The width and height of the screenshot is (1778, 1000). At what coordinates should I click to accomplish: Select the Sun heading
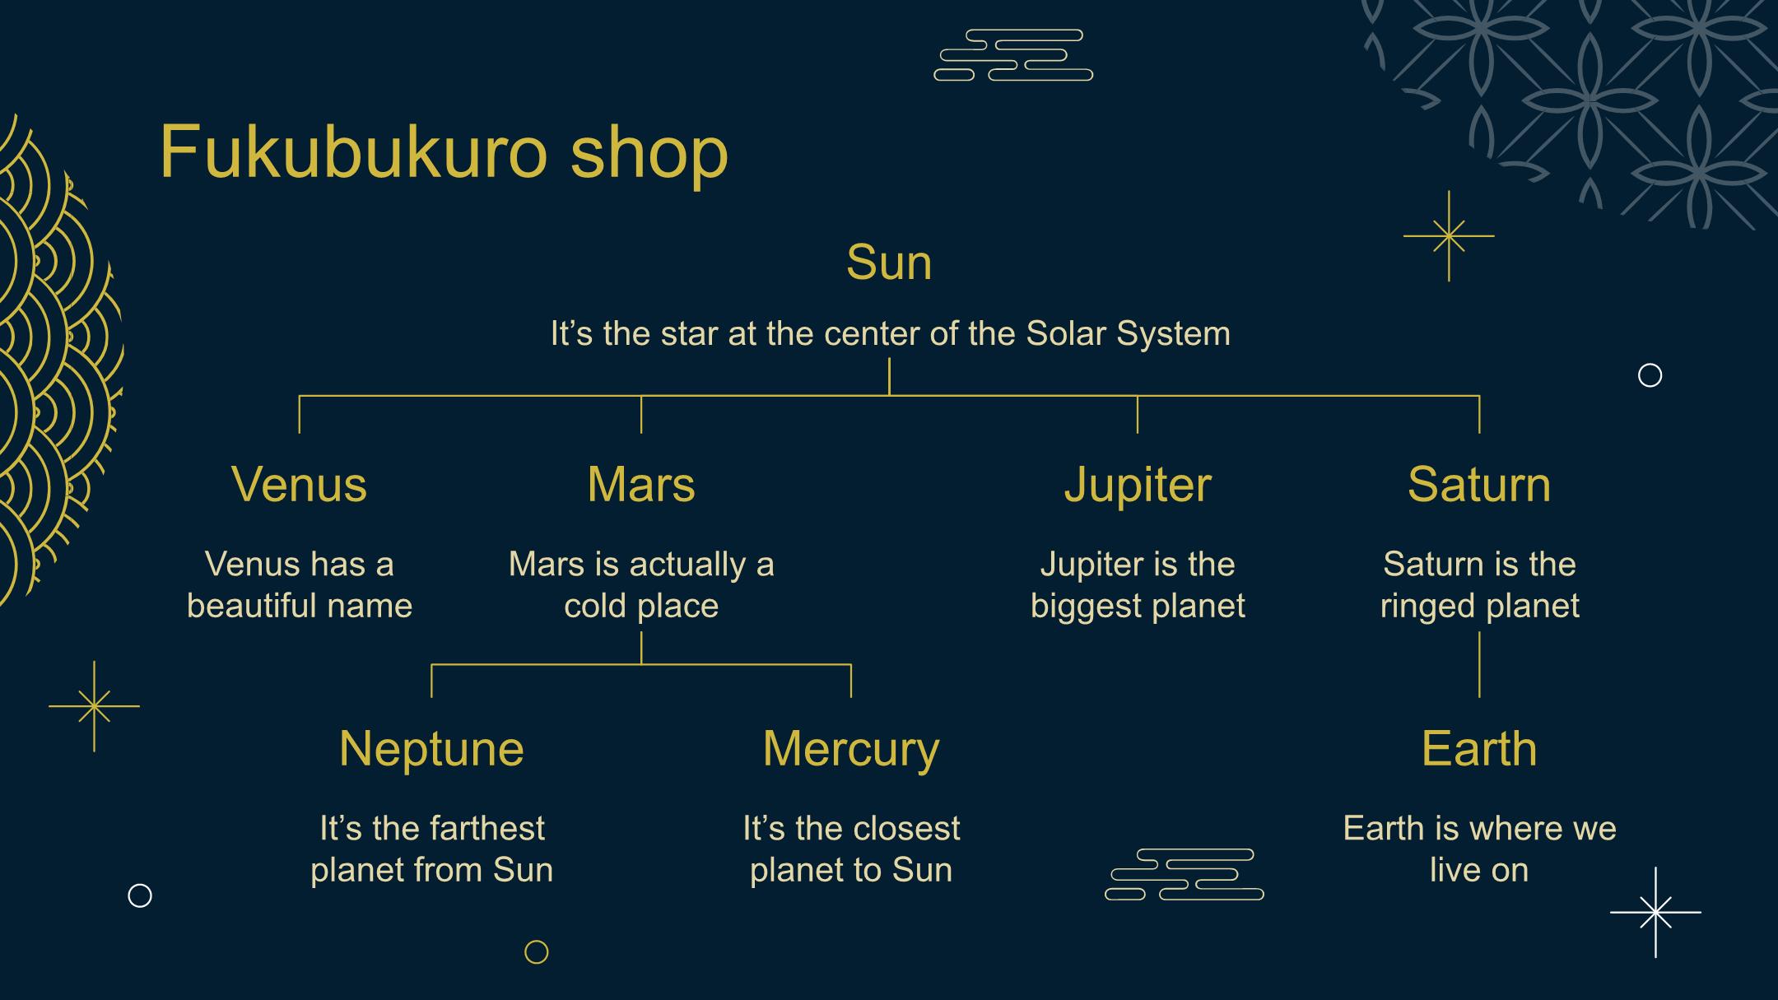[x=889, y=263]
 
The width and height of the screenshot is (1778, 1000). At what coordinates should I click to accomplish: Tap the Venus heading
[x=299, y=484]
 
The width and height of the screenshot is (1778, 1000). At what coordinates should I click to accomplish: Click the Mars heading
[x=641, y=484]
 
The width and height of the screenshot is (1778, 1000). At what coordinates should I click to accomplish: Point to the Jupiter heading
[x=1138, y=486]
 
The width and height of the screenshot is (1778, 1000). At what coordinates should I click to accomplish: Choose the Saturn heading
[x=1479, y=484]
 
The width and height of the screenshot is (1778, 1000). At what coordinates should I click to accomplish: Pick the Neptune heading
[x=431, y=750]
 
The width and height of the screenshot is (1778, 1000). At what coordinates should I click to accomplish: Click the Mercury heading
[x=851, y=750]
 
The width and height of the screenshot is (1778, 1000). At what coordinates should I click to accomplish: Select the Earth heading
[x=1479, y=748]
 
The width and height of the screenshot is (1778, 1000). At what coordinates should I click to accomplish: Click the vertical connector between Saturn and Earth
[x=1479, y=664]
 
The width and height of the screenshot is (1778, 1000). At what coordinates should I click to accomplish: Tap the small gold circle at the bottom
[x=537, y=952]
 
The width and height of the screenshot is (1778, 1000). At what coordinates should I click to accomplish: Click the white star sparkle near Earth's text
[x=1655, y=912]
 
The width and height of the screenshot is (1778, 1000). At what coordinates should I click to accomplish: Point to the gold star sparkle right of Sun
[x=1449, y=236]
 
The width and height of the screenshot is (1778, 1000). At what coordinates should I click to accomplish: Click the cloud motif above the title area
[x=1013, y=55]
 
